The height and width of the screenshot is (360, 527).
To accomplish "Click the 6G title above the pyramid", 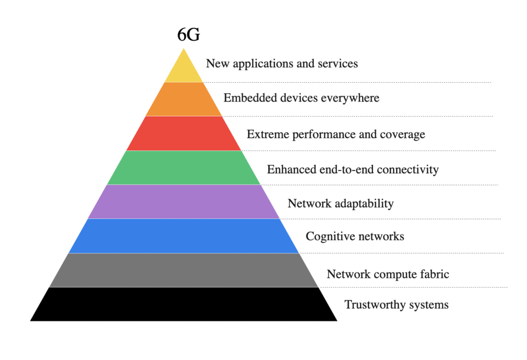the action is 188,35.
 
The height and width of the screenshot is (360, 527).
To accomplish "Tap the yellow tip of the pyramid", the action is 184,69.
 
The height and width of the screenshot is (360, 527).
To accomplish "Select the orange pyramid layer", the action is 184,99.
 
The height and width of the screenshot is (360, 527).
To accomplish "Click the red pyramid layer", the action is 184,133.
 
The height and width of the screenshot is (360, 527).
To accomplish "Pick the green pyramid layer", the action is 184,167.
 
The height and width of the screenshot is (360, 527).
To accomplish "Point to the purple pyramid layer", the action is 184,202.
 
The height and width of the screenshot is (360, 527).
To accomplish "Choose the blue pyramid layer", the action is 184,236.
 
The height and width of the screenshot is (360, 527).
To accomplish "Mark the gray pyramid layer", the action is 184,270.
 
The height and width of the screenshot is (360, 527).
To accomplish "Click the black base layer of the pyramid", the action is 184,304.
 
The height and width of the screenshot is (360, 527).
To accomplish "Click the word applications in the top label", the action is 263,64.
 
